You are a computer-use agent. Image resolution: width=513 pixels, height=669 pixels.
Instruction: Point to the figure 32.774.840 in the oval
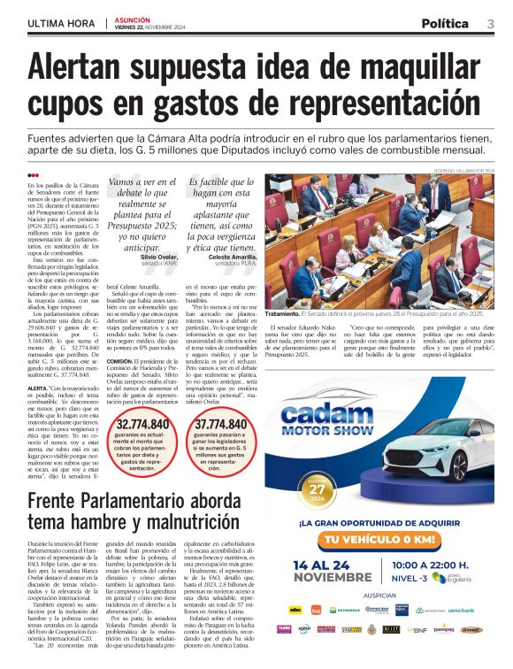[142, 427]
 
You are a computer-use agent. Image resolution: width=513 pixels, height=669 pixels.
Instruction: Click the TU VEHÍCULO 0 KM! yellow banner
[380, 540]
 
